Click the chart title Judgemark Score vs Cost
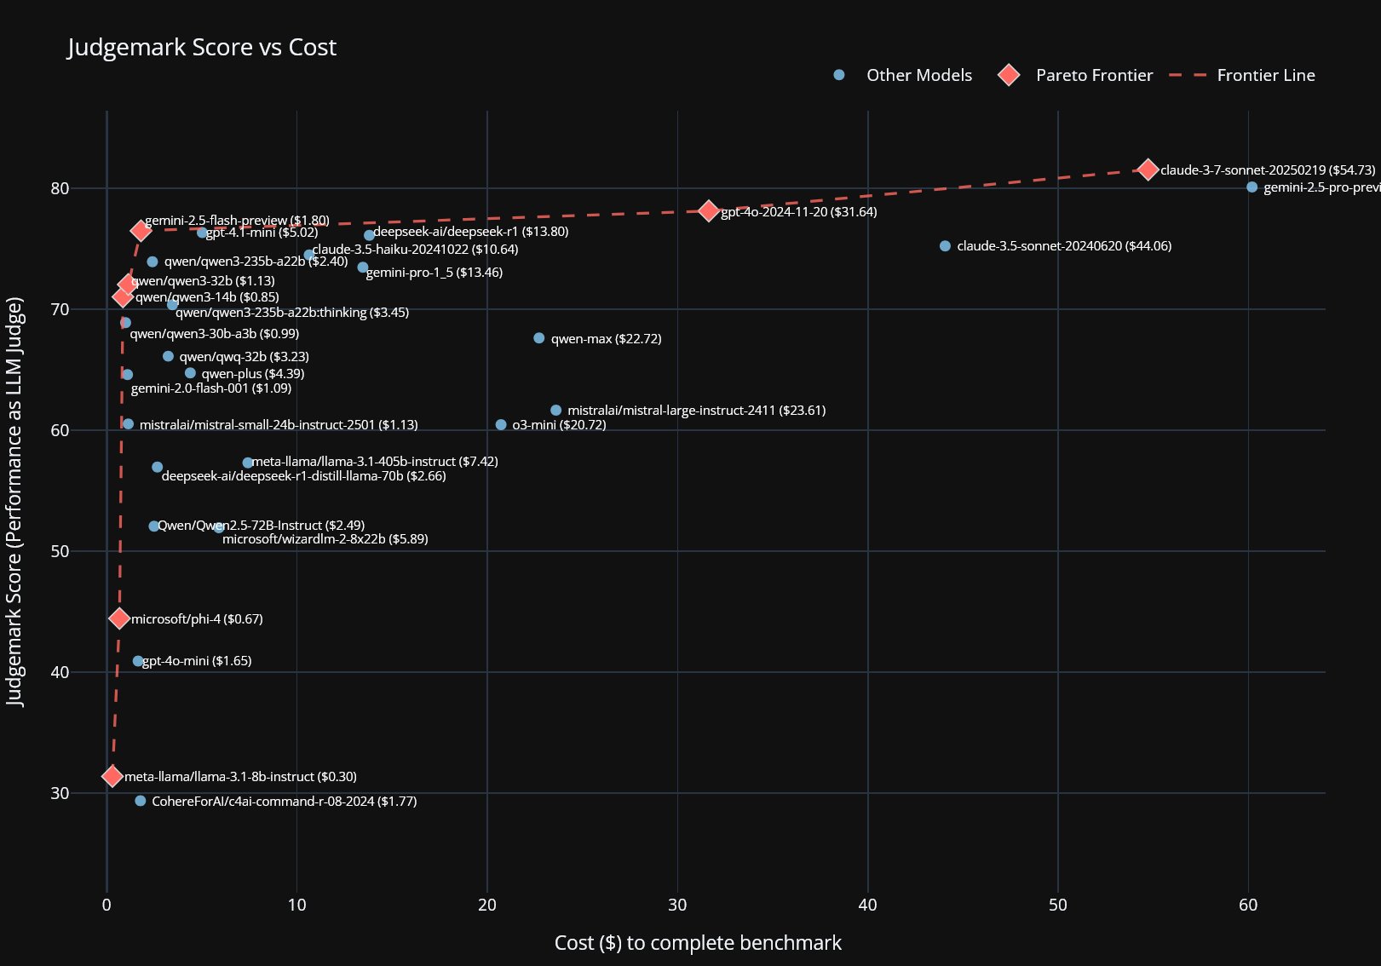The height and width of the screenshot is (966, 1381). click(x=202, y=47)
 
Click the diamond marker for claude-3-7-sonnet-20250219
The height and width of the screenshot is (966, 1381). click(x=1148, y=170)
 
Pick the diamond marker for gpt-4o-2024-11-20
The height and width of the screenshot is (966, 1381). click(x=709, y=210)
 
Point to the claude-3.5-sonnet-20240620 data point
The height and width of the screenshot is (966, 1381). click(x=945, y=246)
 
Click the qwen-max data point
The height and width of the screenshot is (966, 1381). click(x=538, y=338)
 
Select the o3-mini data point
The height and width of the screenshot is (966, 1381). click(x=501, y=425)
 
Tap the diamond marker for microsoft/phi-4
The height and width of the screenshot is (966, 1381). click(x=119, y=618)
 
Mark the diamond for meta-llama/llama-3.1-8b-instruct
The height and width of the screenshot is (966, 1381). click(x=112, y=776)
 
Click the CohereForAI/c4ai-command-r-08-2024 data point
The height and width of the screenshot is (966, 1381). click(x=141, y=801)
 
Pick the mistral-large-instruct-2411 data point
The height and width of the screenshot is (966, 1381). click(x=556, y=411)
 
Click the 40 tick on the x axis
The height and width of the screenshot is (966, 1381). click(x=867, y=905)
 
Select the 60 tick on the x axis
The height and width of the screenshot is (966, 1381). click(x=1248, y=905)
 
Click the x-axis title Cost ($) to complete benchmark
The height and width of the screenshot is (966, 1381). click(x=698, y=943)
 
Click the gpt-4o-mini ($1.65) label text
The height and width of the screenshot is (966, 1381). click(x=197, y=661)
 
